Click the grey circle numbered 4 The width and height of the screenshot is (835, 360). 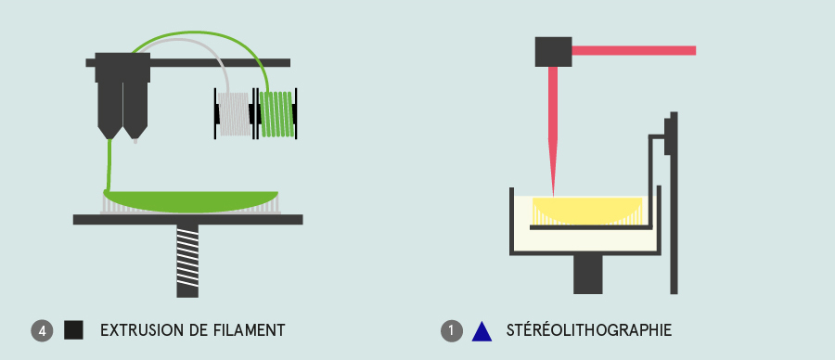point(42,330)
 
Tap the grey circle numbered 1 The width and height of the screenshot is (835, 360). point(452,330)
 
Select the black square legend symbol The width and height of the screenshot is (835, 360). point(73,330)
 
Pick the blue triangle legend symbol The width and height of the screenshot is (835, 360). point(482,331)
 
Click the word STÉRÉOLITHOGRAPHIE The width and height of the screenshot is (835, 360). point(589,330)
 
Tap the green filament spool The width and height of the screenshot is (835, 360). point(276,114)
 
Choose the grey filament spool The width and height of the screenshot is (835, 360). point(235,114)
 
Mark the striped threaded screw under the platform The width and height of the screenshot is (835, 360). point(187,261)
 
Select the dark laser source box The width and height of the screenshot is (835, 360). point(553,52)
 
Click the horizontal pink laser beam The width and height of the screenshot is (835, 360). point(634,51)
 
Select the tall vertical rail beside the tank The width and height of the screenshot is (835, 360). point(674,202)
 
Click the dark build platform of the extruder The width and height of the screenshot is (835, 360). point(188,219)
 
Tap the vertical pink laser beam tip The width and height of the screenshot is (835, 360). point(553,195)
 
